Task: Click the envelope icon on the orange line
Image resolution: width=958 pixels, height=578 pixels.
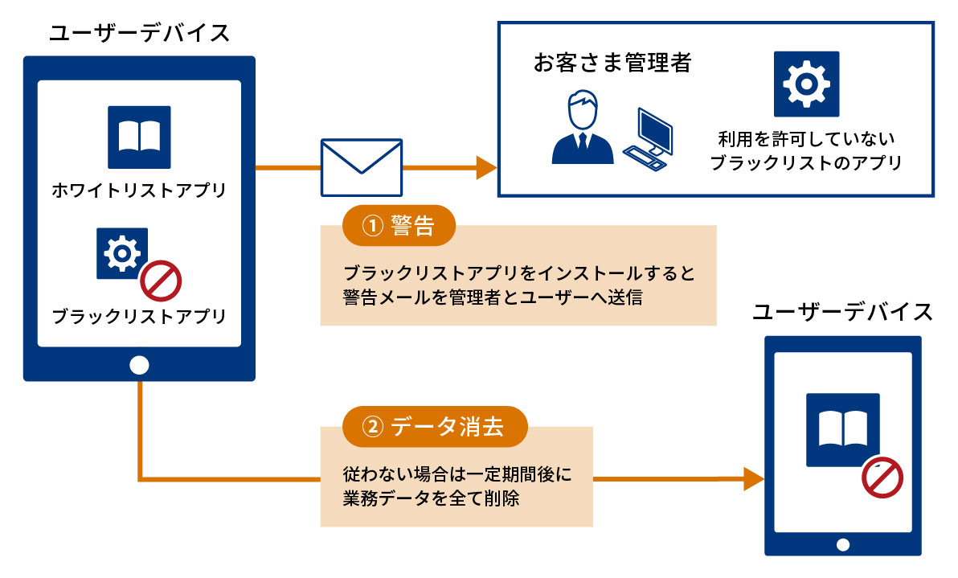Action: (361, 168)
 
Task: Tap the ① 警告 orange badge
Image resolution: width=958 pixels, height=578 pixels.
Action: (399, 227)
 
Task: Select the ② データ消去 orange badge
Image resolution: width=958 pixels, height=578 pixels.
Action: (435, 427)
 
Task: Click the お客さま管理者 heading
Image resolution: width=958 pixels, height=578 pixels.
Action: (612, 64)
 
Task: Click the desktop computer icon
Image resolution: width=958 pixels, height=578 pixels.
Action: (649, 137)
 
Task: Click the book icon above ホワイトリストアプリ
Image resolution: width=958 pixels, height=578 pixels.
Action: (139, 137)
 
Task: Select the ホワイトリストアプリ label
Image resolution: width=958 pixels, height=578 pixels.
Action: (138, 191)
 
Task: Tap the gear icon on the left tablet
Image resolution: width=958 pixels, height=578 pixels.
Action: (122, 253)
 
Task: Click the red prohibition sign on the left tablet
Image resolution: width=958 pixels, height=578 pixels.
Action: (162, 282)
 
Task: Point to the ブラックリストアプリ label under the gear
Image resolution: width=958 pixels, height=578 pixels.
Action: (138, 316)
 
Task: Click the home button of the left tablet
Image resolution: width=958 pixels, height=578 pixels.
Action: (139, 365)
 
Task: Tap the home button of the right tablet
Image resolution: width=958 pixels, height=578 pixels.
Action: (842, 544)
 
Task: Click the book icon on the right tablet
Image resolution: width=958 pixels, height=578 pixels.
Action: (842, 429)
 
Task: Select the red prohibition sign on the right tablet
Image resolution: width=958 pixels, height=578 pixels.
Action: (882, 479)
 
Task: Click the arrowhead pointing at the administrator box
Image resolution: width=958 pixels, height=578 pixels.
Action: (486, 168)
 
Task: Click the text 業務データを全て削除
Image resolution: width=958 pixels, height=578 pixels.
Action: (432, 498)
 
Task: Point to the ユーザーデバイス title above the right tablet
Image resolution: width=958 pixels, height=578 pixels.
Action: (842, 312)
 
